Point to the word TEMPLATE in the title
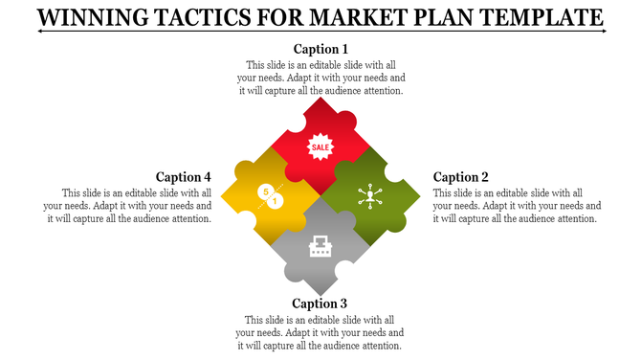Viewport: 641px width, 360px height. [542, 17]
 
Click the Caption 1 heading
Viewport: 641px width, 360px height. [320, 49]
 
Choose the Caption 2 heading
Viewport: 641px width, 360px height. [461, 177]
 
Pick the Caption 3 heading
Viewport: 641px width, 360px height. [320, 305]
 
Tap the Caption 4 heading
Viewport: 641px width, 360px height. [184, 177]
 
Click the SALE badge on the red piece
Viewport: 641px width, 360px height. [320, 146]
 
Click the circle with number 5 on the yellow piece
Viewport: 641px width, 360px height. [265, 191]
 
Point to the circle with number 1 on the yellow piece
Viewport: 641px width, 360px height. [276, 201]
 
